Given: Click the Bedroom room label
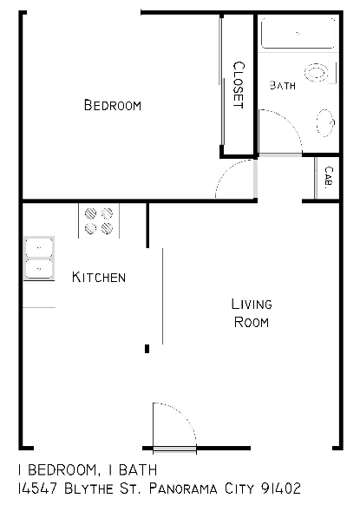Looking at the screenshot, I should tap(112, 106).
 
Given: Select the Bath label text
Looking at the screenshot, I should tap(283, 85).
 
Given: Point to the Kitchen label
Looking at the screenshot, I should tap(99, 278).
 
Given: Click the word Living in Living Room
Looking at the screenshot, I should tap(252, 305).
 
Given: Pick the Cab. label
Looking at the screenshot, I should tap(329, 177).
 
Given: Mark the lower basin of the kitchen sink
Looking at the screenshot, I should tap(38, 269).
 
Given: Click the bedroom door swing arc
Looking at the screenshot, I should tap(232, 180).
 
